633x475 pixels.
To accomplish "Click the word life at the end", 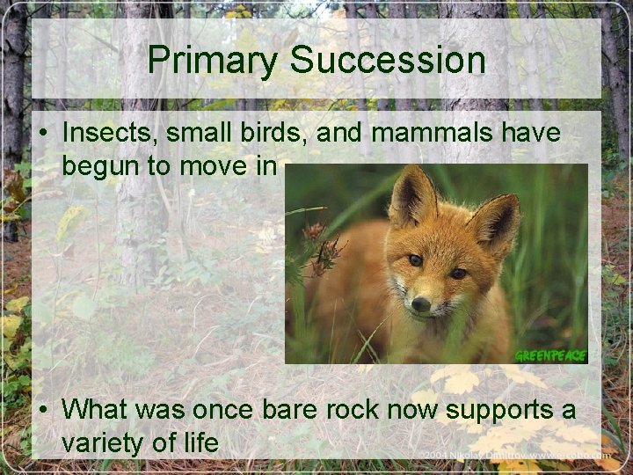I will coord(198,443).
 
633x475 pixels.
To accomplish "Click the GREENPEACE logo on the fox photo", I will coord(549,355).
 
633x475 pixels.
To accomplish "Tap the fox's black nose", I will coord(422,303).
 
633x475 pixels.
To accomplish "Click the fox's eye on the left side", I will coord(415,260).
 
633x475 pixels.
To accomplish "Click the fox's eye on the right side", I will coord(458,274).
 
